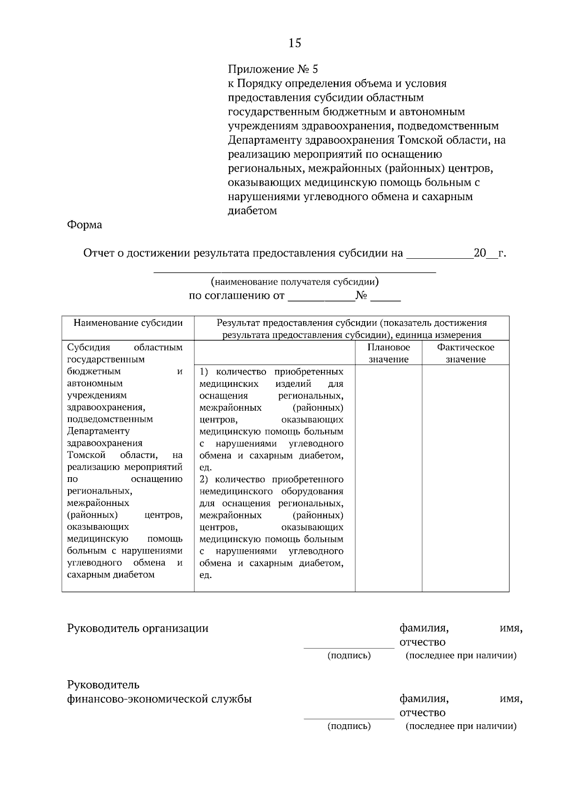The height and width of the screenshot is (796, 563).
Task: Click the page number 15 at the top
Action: pyautogui.click(x=295, y=44)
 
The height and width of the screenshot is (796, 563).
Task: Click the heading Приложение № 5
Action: pyautogui.click(x=273, y=70)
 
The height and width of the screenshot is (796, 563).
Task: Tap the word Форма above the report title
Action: pyautogui.click(x=84, y=225)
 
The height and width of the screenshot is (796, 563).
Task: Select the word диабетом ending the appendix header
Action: pyautogui.click(x=252, y=211)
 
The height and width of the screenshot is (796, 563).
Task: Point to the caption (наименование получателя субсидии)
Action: pyautogui.click(x=295, y=282)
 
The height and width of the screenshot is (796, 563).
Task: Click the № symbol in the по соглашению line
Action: pyautogui.click(x=361, y=296)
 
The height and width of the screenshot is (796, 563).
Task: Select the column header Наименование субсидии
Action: pyautogui.click(x=128, y=323)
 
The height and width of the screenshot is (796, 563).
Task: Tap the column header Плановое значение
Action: pyautogui.click(x=388, y=353)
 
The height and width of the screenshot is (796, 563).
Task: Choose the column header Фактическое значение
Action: pyautogui.click(x=465, y=353)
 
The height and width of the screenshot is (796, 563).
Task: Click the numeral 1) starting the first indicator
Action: pyautogui.click(x=204, y=372)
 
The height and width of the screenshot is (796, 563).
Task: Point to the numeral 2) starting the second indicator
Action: pyautogui.click(x=204, y=480)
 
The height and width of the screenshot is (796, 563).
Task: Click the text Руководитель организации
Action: pyautogui.click(x=138, y=629)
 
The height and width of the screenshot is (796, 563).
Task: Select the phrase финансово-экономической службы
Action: pyautogui.click(x=160, y=699)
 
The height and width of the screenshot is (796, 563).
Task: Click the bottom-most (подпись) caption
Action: pyautogui.click(x=349, y=726)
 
